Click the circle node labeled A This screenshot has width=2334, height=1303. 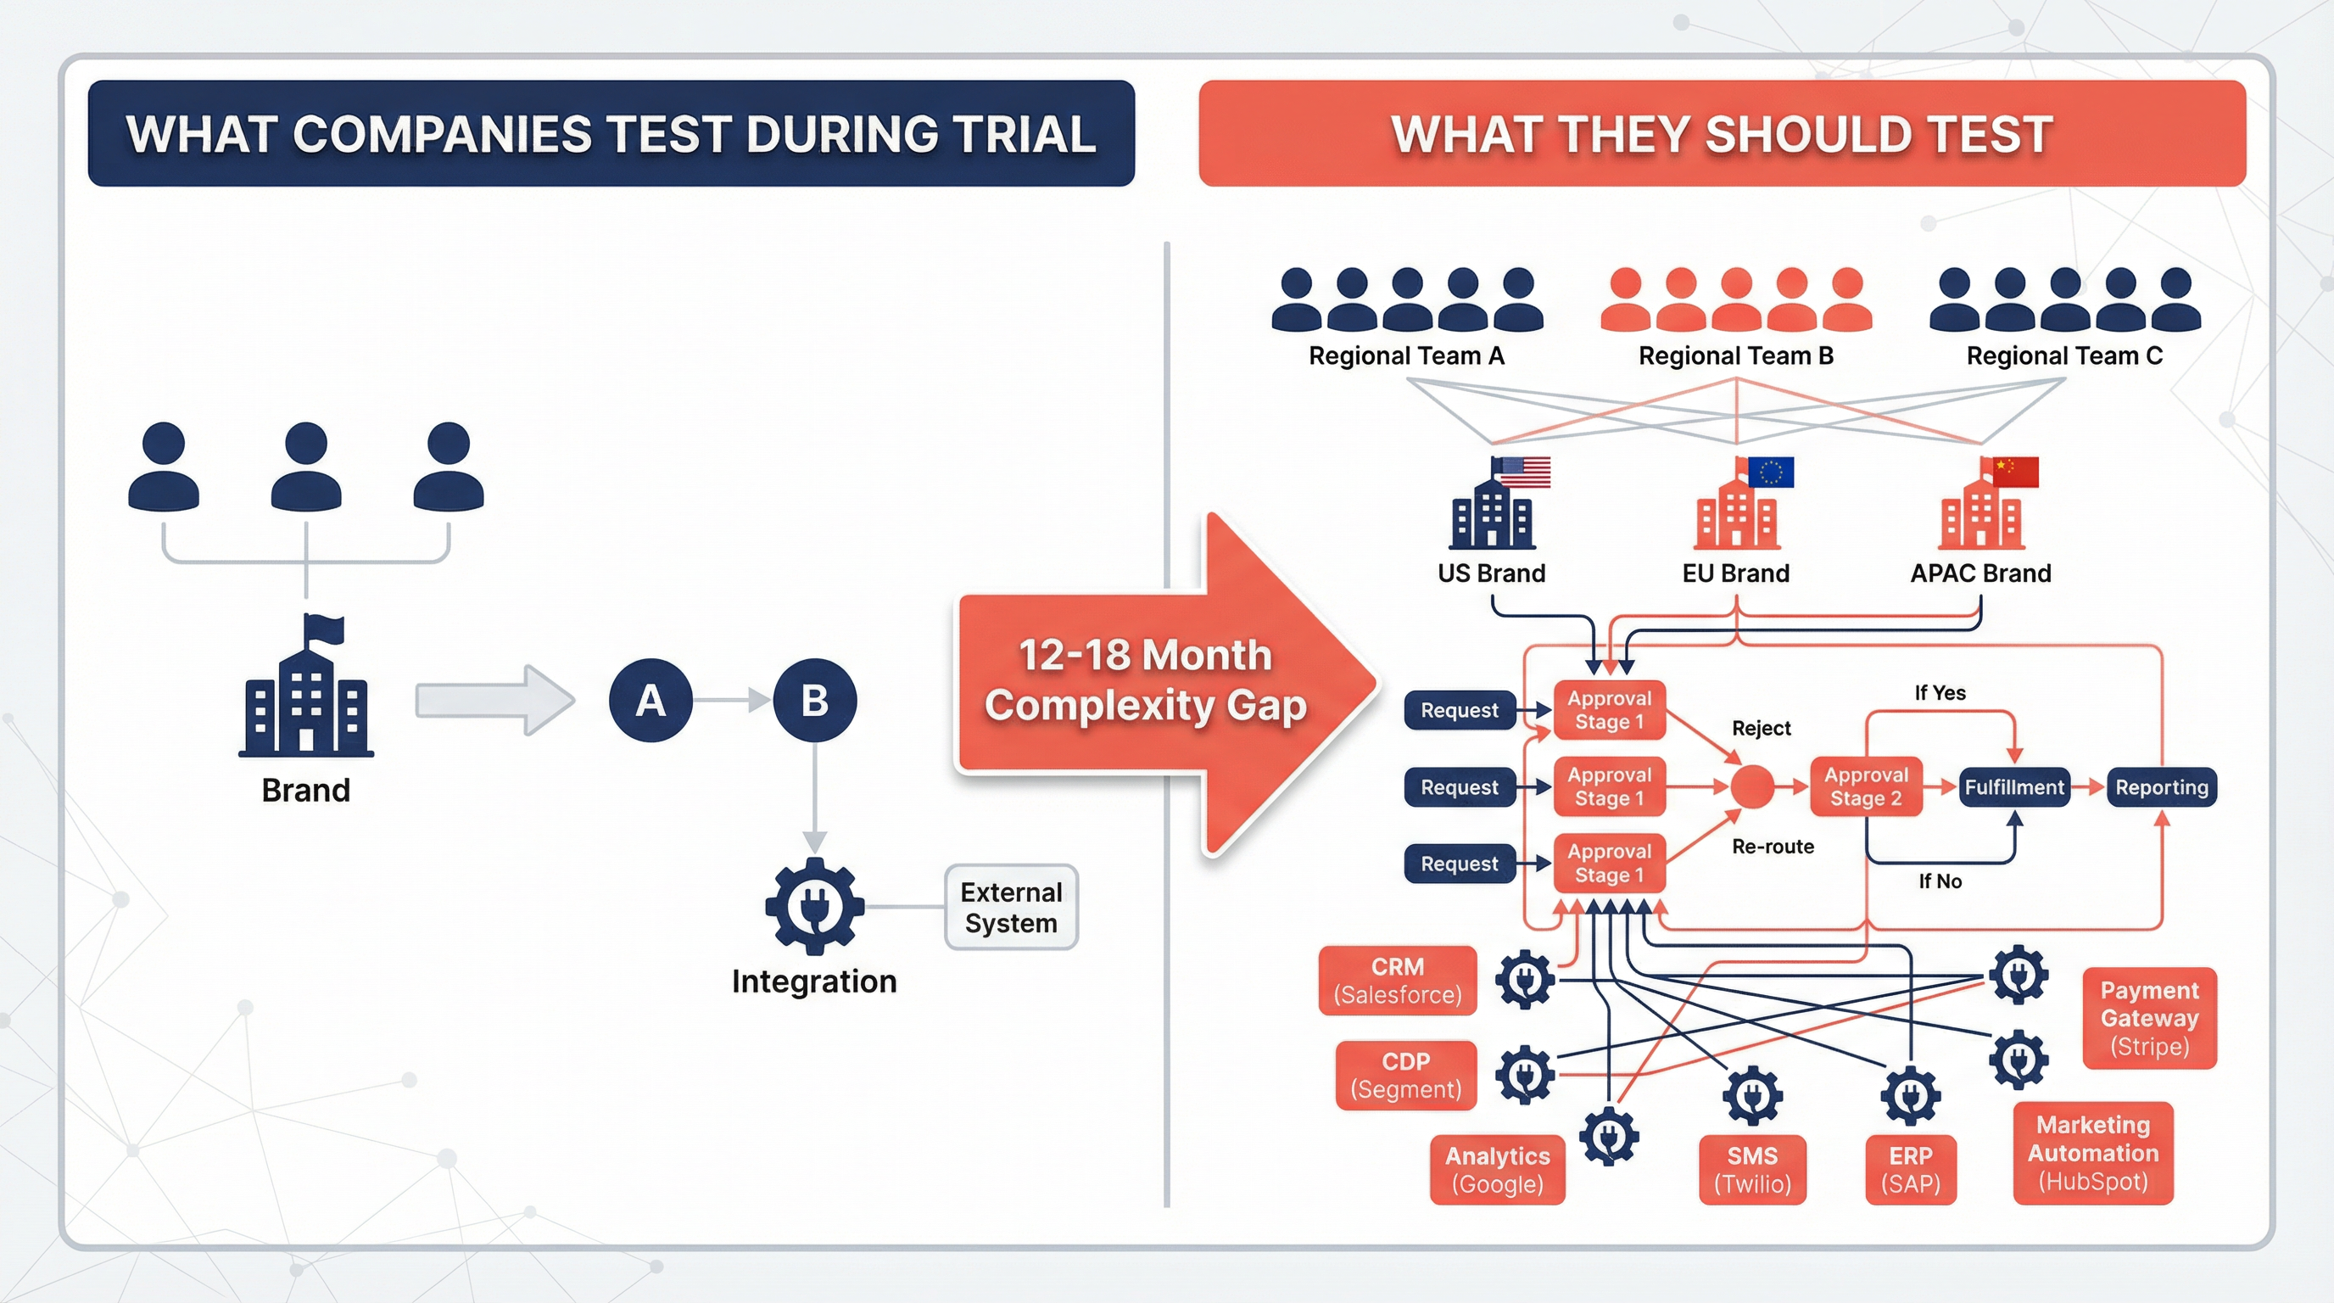pos(651,701)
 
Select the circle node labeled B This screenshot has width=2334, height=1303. pos(814,701)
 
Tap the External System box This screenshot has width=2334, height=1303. pos(1011,907)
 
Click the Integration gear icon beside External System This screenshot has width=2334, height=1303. pos(814,906)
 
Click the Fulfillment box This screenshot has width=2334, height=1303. pos(2013,786)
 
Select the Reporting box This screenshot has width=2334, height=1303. pos(2161,786)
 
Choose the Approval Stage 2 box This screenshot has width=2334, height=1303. pos(1866,786)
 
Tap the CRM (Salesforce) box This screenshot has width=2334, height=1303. pos(1397,981)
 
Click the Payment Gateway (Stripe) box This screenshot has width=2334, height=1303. pos(2149,1018)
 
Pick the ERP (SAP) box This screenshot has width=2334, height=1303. pos(1910,1169)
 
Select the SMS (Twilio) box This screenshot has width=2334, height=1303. pos(1752,1169)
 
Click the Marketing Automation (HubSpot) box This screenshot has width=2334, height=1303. pos(2093,1153)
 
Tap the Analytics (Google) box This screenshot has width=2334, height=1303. pos(1497,1169)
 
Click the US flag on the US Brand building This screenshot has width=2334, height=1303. pos(1524,473)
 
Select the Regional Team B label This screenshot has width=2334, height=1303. pos(1736,356)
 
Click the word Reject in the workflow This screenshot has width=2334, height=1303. pos(1762,728)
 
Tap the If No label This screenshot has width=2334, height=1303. pos(1940,881)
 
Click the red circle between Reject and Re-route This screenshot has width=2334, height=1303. pos(1752,786)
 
